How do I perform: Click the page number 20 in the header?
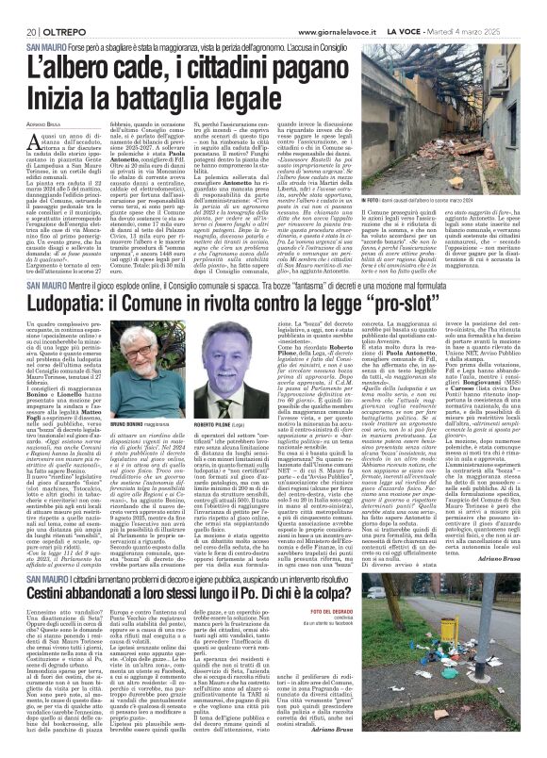point(18,8)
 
